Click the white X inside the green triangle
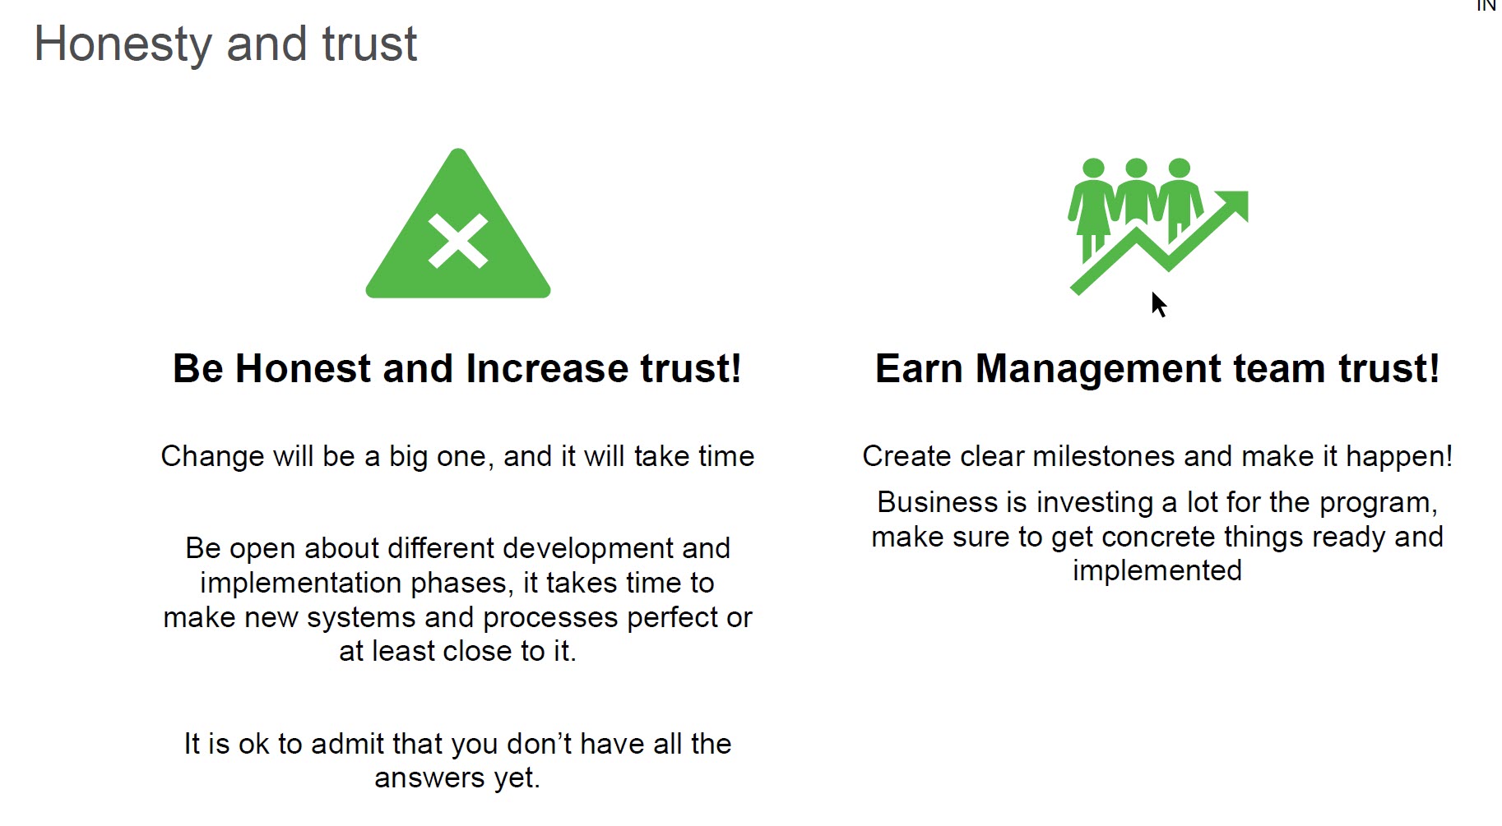(x=458, y=242)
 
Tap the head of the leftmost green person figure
(x=1093, y=168)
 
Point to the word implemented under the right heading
(x=1157, y=571)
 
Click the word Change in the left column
(x=213, y=457)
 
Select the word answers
(x=429, y=778)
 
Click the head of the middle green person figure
(x=1136, y=168)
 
